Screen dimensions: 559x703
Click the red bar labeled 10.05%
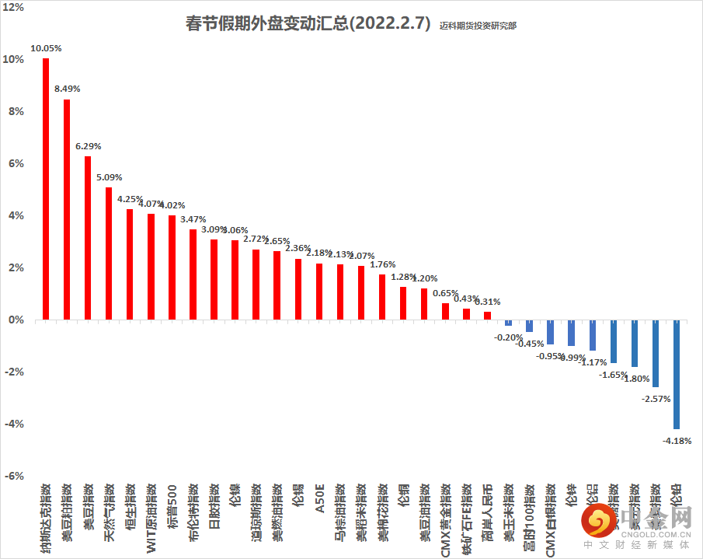point(46,189)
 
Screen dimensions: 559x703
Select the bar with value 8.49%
point(67,209)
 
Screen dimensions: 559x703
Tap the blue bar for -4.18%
point(676,374)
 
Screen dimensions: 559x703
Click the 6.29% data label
point(88,146)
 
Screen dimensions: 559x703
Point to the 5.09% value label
point(109,177)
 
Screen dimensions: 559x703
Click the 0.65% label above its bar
point(445,293)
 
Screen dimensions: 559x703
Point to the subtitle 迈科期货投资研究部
point(477,26)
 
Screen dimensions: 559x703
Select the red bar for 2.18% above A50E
point(319,292)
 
